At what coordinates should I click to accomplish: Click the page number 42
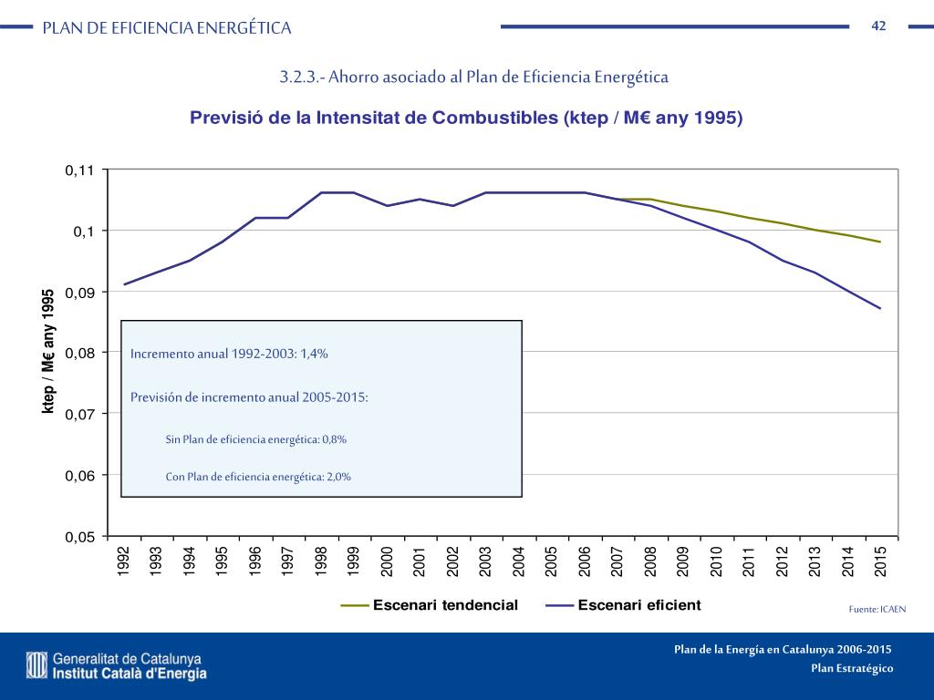(878, 26)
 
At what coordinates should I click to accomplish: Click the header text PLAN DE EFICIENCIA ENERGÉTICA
(167, 28)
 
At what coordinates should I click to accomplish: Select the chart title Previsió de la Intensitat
(466, 118)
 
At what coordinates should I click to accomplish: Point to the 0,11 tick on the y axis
(80, 170)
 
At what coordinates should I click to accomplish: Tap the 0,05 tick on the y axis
(80, 537)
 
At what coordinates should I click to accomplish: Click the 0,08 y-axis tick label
(80, 353)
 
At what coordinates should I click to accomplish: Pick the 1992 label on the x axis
(124, 559)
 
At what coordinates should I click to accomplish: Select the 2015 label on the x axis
(880, 559)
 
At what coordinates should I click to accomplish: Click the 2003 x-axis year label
(485, 559)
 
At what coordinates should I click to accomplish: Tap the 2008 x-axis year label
(650, 559)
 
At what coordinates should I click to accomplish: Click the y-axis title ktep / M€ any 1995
(49, 352)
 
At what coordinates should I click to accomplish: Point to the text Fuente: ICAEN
(877, 609)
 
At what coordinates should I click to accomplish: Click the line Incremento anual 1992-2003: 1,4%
(229, 355)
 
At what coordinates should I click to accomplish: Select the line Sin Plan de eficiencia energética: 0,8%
(255, 439)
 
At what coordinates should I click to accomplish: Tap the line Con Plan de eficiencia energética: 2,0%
(258, 476)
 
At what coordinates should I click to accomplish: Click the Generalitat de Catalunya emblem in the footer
(36, 665)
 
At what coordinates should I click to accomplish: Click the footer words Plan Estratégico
(852, 669)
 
